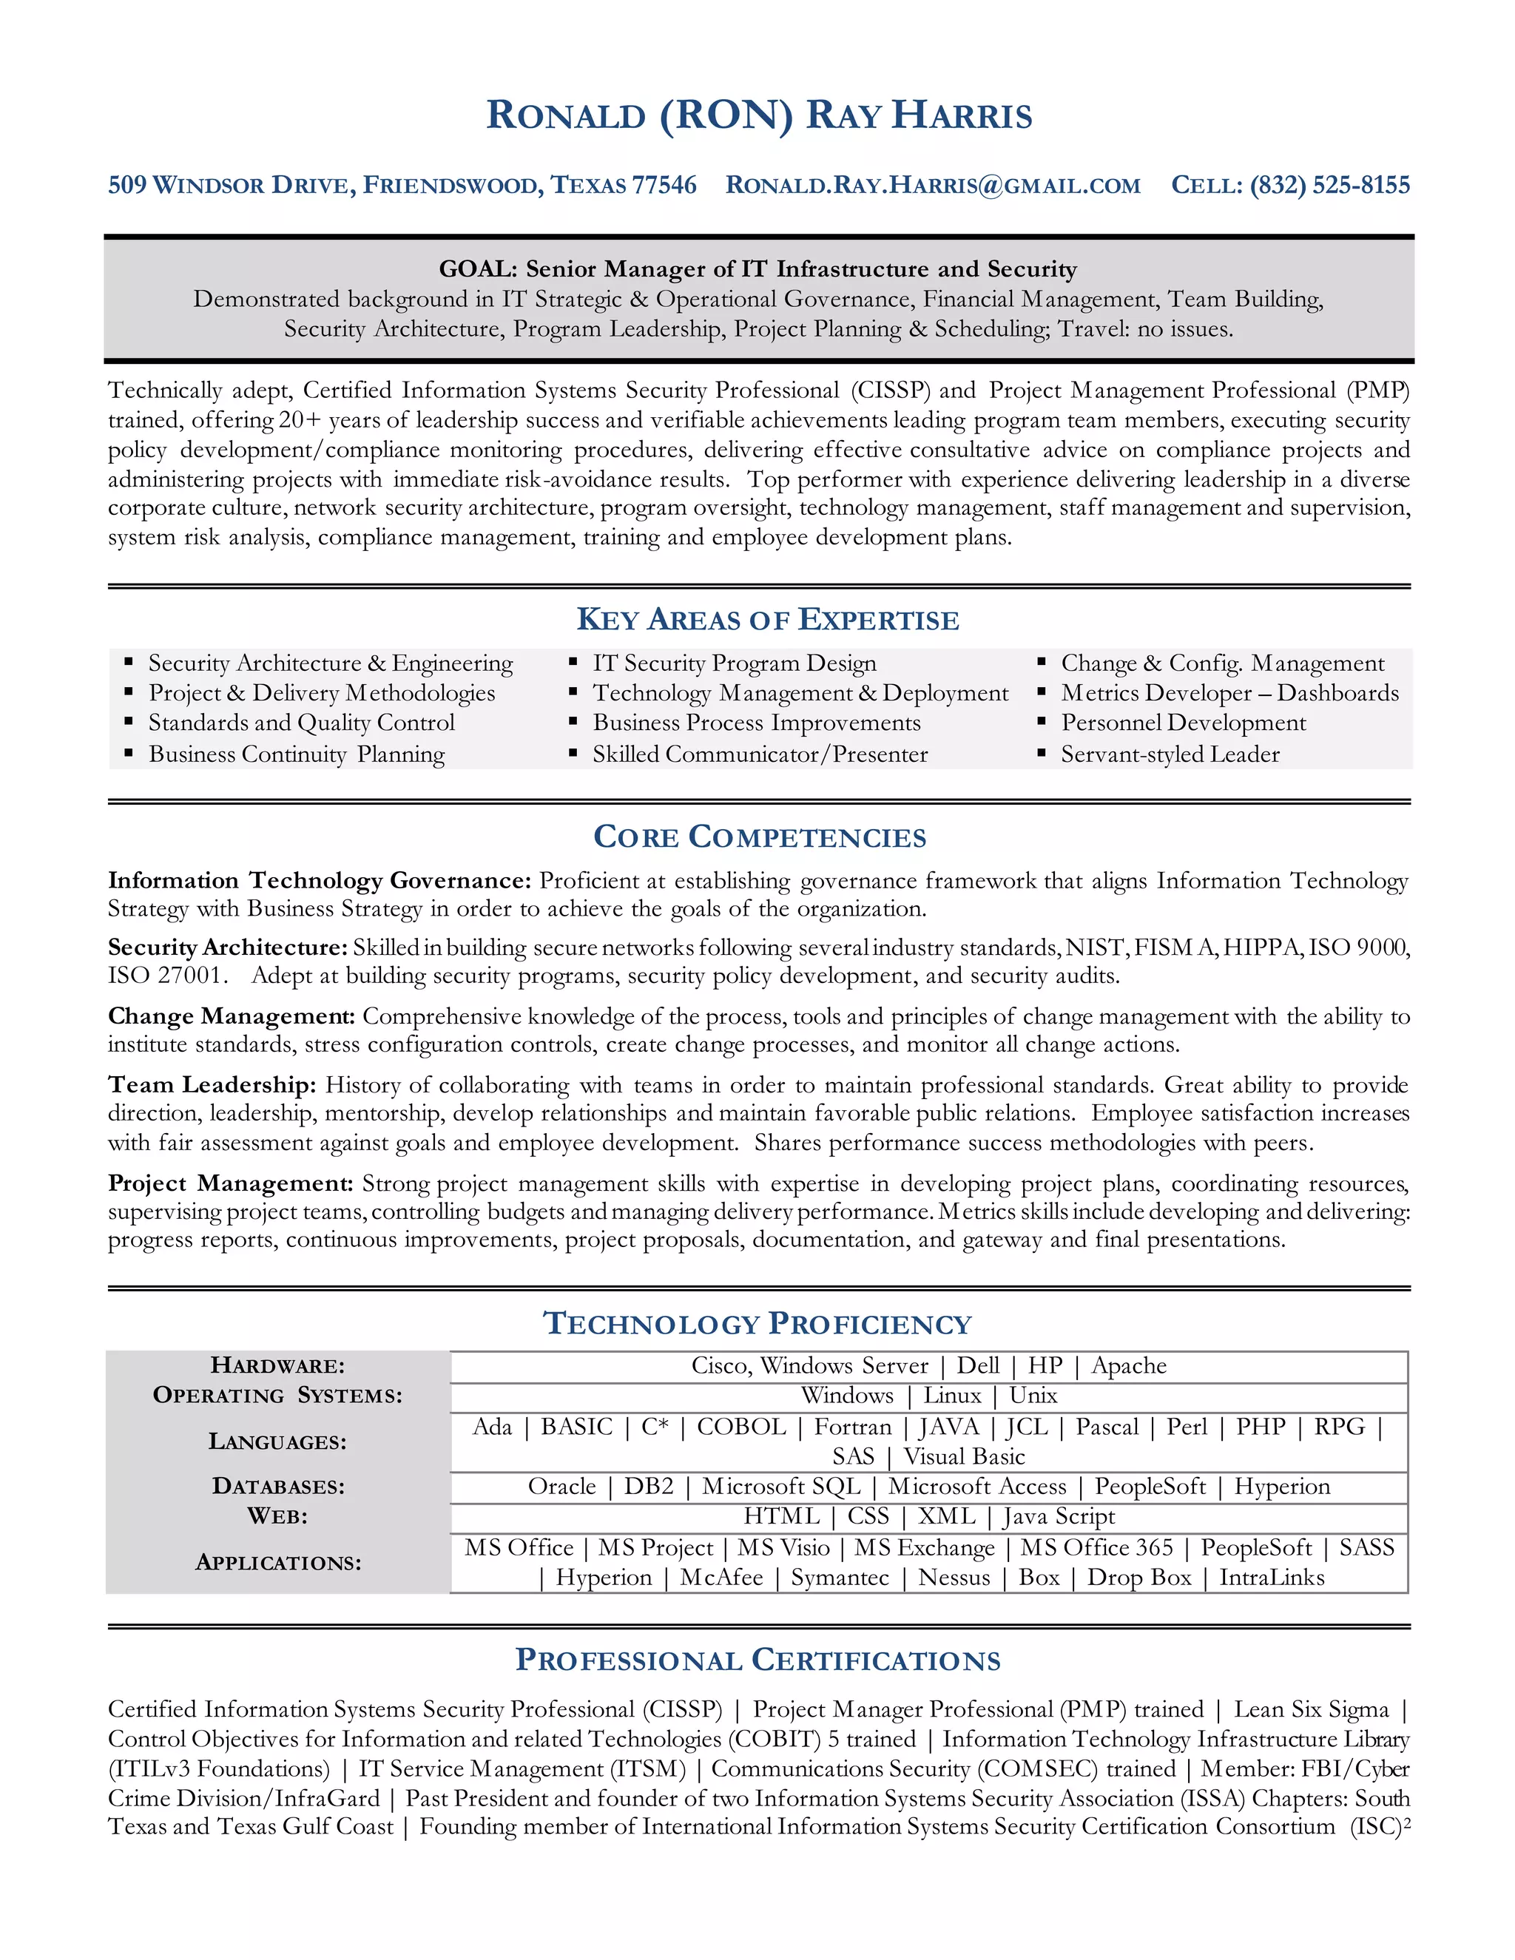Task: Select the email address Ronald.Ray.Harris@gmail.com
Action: [x=933, y=186]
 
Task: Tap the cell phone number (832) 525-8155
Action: [x=1329, y=186]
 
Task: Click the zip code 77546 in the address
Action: [x=664, y=186]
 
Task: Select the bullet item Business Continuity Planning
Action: [x=296, y=754]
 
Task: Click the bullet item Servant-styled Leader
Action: [x=1170, y=754]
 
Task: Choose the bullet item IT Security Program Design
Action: [x=734, y=664]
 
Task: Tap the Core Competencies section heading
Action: [x=759, y=837]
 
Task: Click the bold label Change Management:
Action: [x=232, y=1017]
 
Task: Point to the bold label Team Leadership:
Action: [x=212, y=1085]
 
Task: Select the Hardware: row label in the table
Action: [x=277, y=1366]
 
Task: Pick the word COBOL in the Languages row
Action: [x=741, y=1427]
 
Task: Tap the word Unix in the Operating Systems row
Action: [x=1033, y=1396]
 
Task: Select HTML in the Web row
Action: [x=781, y=1517]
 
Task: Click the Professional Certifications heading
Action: [x=757, y=1661]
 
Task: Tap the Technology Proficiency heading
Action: [x=757, y=1325]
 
